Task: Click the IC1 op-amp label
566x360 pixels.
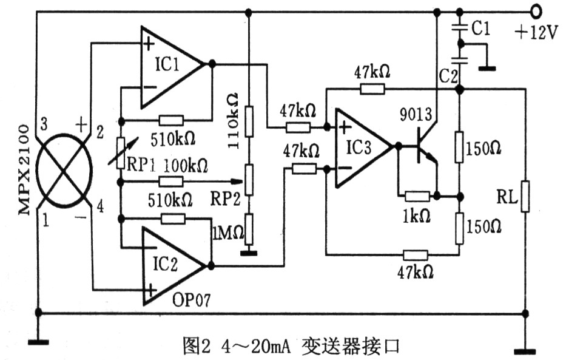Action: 167,65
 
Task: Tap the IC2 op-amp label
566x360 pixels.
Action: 166,264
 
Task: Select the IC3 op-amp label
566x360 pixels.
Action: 359,148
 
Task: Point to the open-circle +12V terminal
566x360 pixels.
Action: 536,12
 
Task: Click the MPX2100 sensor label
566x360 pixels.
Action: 24,169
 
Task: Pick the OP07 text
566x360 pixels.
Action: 191,300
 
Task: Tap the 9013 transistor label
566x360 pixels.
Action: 416,115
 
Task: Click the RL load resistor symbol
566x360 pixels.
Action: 525,197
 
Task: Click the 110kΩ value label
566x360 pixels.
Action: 233,121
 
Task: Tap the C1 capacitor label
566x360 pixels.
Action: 481,28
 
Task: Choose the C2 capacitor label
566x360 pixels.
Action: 448,76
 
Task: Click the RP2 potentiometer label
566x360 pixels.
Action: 225,198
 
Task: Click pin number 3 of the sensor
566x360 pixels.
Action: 44,124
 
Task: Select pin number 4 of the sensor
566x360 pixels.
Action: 100,206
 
